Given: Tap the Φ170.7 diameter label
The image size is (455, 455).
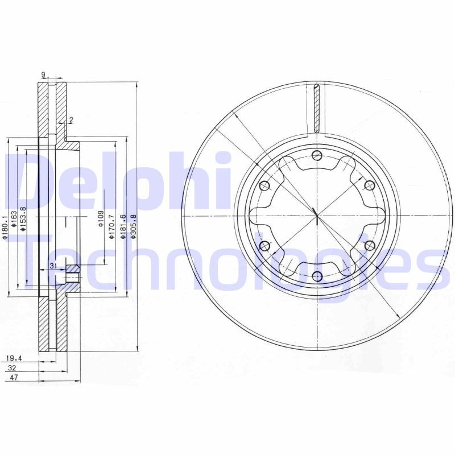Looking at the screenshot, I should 112,225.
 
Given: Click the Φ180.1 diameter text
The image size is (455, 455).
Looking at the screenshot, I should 5,226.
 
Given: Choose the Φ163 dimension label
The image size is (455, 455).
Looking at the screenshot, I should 14,221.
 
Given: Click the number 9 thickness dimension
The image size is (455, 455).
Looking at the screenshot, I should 43,75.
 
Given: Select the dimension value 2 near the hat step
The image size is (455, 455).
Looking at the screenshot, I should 72,119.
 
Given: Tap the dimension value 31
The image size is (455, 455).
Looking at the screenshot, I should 53,266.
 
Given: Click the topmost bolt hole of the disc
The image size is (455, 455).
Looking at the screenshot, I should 317,156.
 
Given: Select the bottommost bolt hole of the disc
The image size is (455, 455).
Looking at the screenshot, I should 317,276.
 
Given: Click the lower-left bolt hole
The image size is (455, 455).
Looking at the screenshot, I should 264,246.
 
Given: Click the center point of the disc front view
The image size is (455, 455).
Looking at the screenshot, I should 316,216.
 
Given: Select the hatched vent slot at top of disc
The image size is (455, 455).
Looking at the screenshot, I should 317,108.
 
